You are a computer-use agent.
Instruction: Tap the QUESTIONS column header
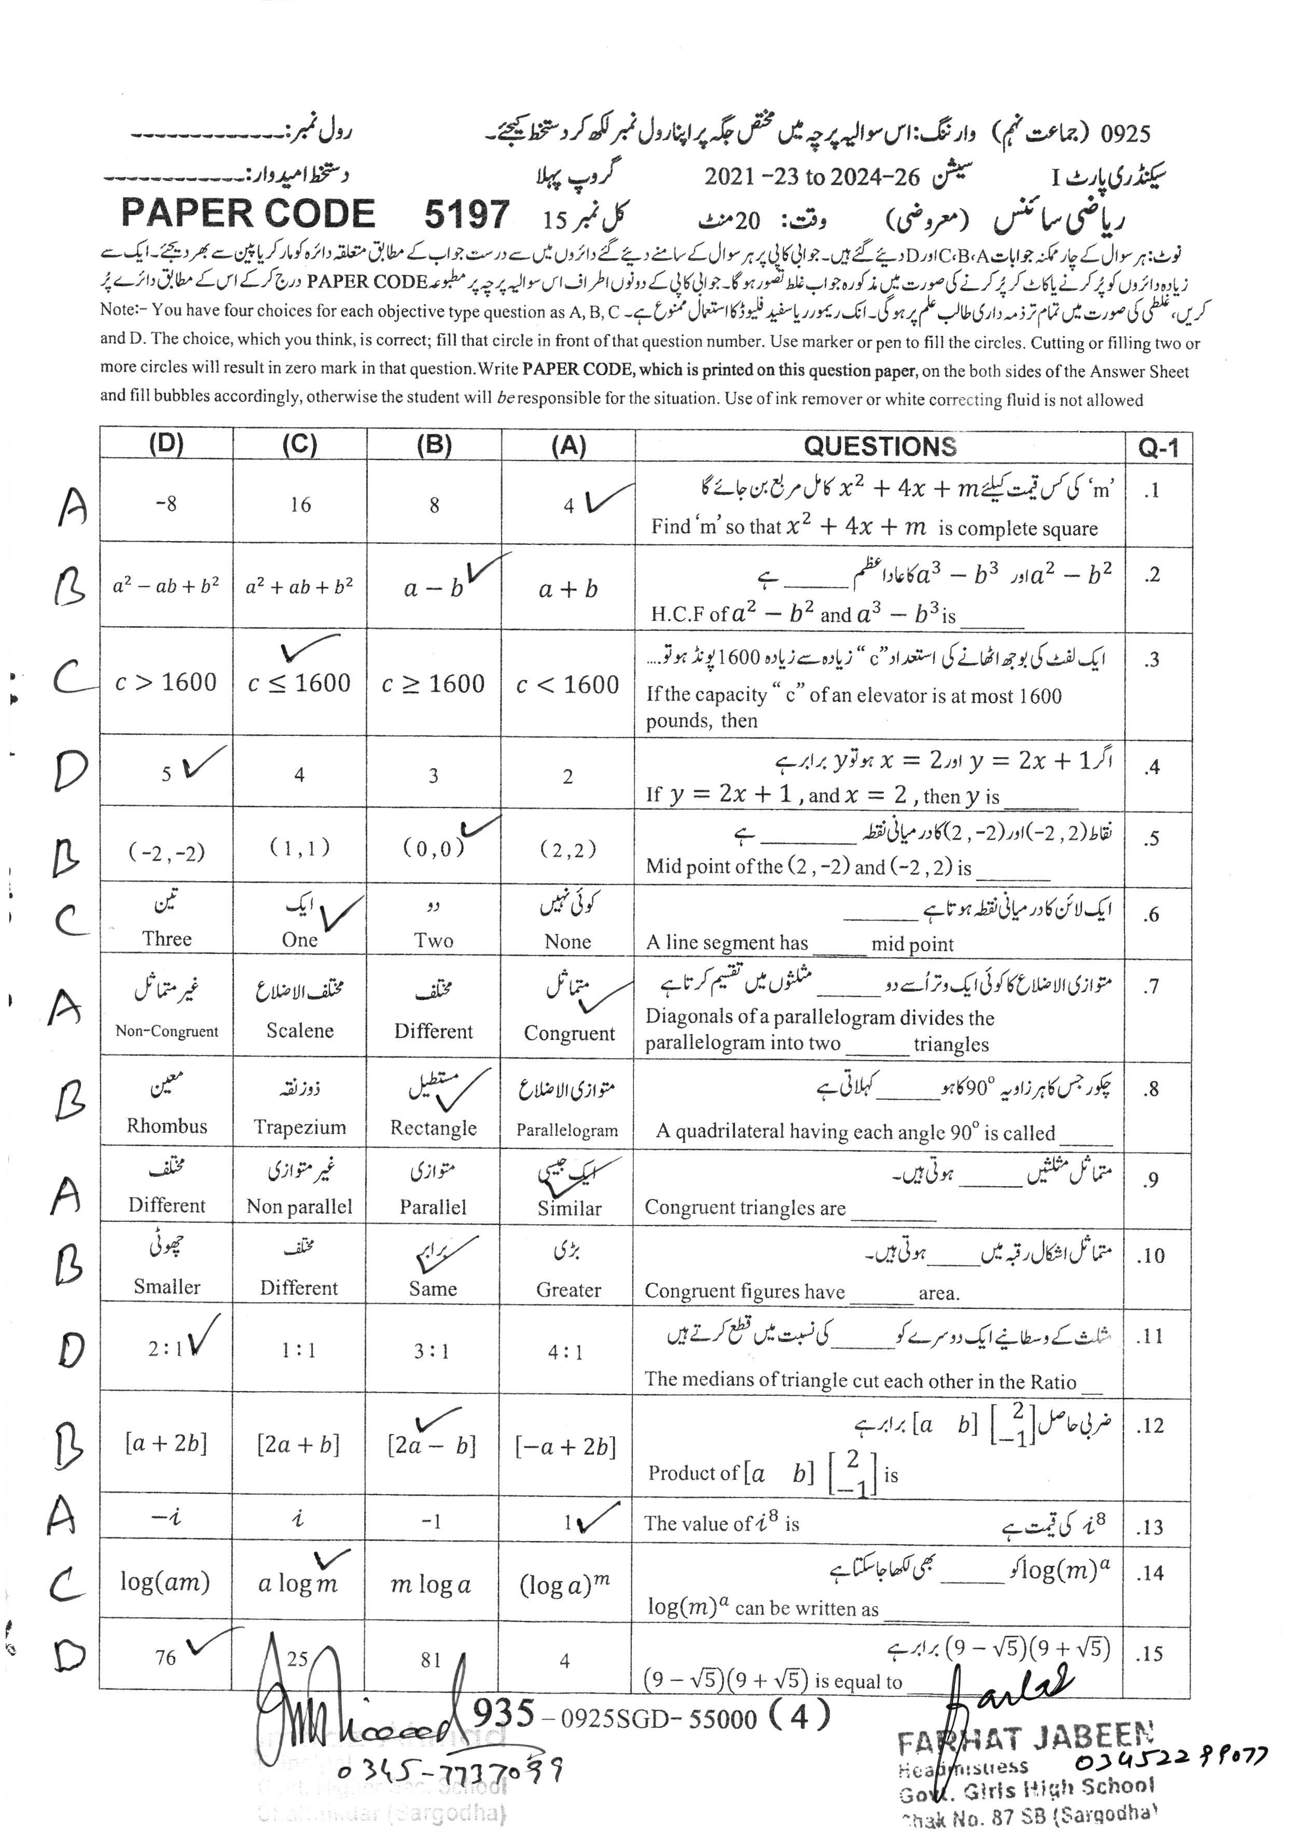[x=880, y=446]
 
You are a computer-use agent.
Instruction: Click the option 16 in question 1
[x=300, y=505]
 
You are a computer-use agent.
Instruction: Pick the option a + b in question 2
[x=568, y=590]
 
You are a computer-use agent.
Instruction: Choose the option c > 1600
[x=166, y=682]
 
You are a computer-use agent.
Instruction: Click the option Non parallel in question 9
[x=299, y=1206]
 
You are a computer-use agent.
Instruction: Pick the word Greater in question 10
[x=568, y=1290]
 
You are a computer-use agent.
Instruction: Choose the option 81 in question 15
[x=431, y=1659]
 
